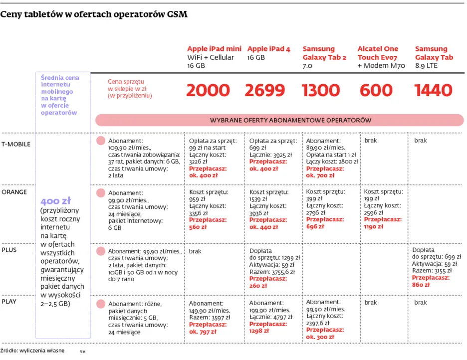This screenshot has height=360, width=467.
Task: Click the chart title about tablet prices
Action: point(94,14)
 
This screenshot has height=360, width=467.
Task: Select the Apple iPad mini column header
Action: point(214,49)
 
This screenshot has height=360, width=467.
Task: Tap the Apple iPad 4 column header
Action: point(268,49)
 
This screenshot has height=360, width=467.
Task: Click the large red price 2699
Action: point(265,90)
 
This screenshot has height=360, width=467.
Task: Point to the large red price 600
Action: point(376,90)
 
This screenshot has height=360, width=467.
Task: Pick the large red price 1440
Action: point(433,90)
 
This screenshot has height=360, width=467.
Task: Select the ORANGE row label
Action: point(14,191)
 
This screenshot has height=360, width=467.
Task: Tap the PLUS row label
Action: point(9,249)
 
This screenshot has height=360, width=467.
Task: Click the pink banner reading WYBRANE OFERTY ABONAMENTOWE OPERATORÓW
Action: point(279,120)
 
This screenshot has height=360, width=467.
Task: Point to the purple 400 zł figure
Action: point(55,201)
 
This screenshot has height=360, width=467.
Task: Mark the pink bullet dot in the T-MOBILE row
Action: point(100,141)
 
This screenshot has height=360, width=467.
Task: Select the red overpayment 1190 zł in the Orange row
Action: point(374,226)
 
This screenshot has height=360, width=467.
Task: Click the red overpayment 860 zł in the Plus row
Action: point(421,285)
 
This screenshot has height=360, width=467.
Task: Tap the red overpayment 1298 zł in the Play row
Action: point(259,331)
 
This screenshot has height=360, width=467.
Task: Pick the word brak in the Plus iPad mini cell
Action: point(195,251)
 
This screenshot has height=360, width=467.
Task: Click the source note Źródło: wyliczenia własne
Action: point(32,351)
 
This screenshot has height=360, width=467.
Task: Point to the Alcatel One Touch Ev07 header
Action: point(378,53)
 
